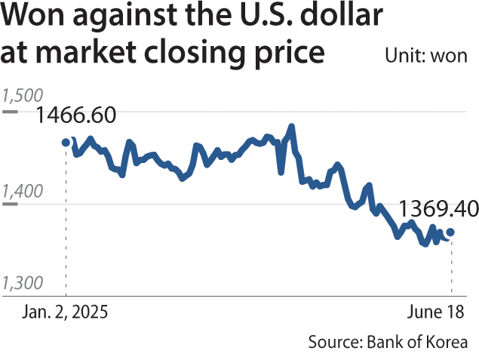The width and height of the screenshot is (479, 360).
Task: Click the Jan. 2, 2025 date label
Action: coord(64,312)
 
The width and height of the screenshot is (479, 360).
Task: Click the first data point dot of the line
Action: coord(66,142)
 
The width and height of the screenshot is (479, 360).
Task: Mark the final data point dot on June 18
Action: coord(450,232)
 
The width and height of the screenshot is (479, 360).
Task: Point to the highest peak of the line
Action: coord(291,127)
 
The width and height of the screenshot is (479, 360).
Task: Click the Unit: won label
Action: coord(425,56)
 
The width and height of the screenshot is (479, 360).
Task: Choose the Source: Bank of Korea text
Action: coord(387,341)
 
